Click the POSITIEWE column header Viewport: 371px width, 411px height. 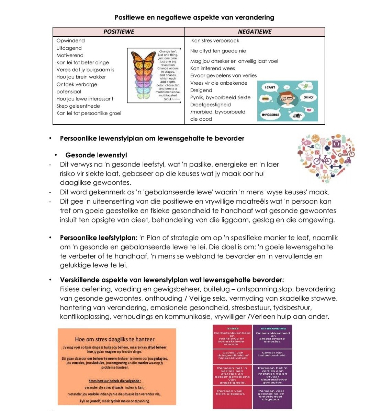[x=119, y=32]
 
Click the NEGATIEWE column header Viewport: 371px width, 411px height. [x=255, y=32]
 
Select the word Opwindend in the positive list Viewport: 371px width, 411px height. [x=70, y=41]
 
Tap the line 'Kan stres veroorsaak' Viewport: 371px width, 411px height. [x=215, y=41]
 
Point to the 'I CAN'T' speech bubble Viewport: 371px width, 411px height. [x=270, y=87]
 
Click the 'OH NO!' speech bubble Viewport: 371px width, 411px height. [x=308, y=97]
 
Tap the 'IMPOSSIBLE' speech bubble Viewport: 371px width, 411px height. [x=270, y=114]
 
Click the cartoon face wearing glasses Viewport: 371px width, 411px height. [x=288, y=100]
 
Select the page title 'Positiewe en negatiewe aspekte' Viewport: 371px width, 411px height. [x=194, y=17]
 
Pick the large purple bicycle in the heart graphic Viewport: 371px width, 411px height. [x=323, y=159]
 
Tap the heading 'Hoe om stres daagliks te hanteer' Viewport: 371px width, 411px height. [x=115, y=339]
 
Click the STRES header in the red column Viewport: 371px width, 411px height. [x=233, y=328]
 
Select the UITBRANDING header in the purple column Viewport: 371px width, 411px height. [x=273, y=328]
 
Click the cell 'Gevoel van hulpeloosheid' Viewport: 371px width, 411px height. [x=272, y=354]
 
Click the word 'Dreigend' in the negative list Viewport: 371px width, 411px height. [x=201, y=90]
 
